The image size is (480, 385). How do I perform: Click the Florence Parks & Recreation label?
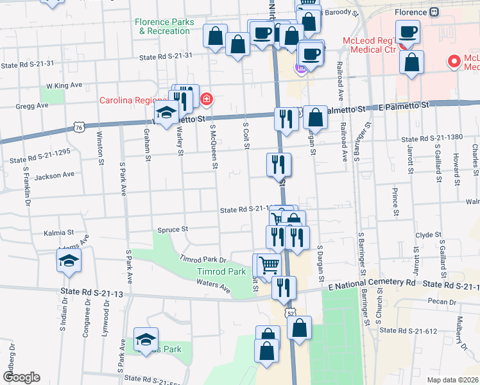coord(164,26)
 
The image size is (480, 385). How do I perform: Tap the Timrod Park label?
coord(221,272)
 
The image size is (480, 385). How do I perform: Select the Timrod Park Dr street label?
coord(204,260)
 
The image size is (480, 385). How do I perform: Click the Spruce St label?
coord(172,228)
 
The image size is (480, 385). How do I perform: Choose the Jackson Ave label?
coord(55,174)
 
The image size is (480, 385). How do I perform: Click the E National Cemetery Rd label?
coord(372,283)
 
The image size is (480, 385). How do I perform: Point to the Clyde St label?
coord(428,235)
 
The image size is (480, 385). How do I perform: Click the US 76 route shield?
coord(78,127)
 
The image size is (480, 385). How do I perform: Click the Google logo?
coord(21,377)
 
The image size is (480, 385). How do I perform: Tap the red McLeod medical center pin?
coord(454,62)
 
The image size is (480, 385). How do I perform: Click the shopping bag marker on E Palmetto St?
coord(315,117)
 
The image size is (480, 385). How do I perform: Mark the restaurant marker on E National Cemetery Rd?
coord(283,287)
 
